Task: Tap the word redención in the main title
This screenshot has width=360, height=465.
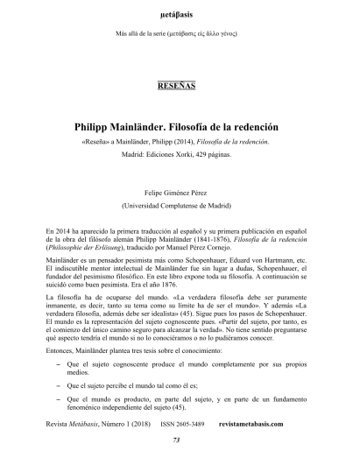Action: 255,126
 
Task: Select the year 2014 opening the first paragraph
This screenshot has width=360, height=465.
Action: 64,229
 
